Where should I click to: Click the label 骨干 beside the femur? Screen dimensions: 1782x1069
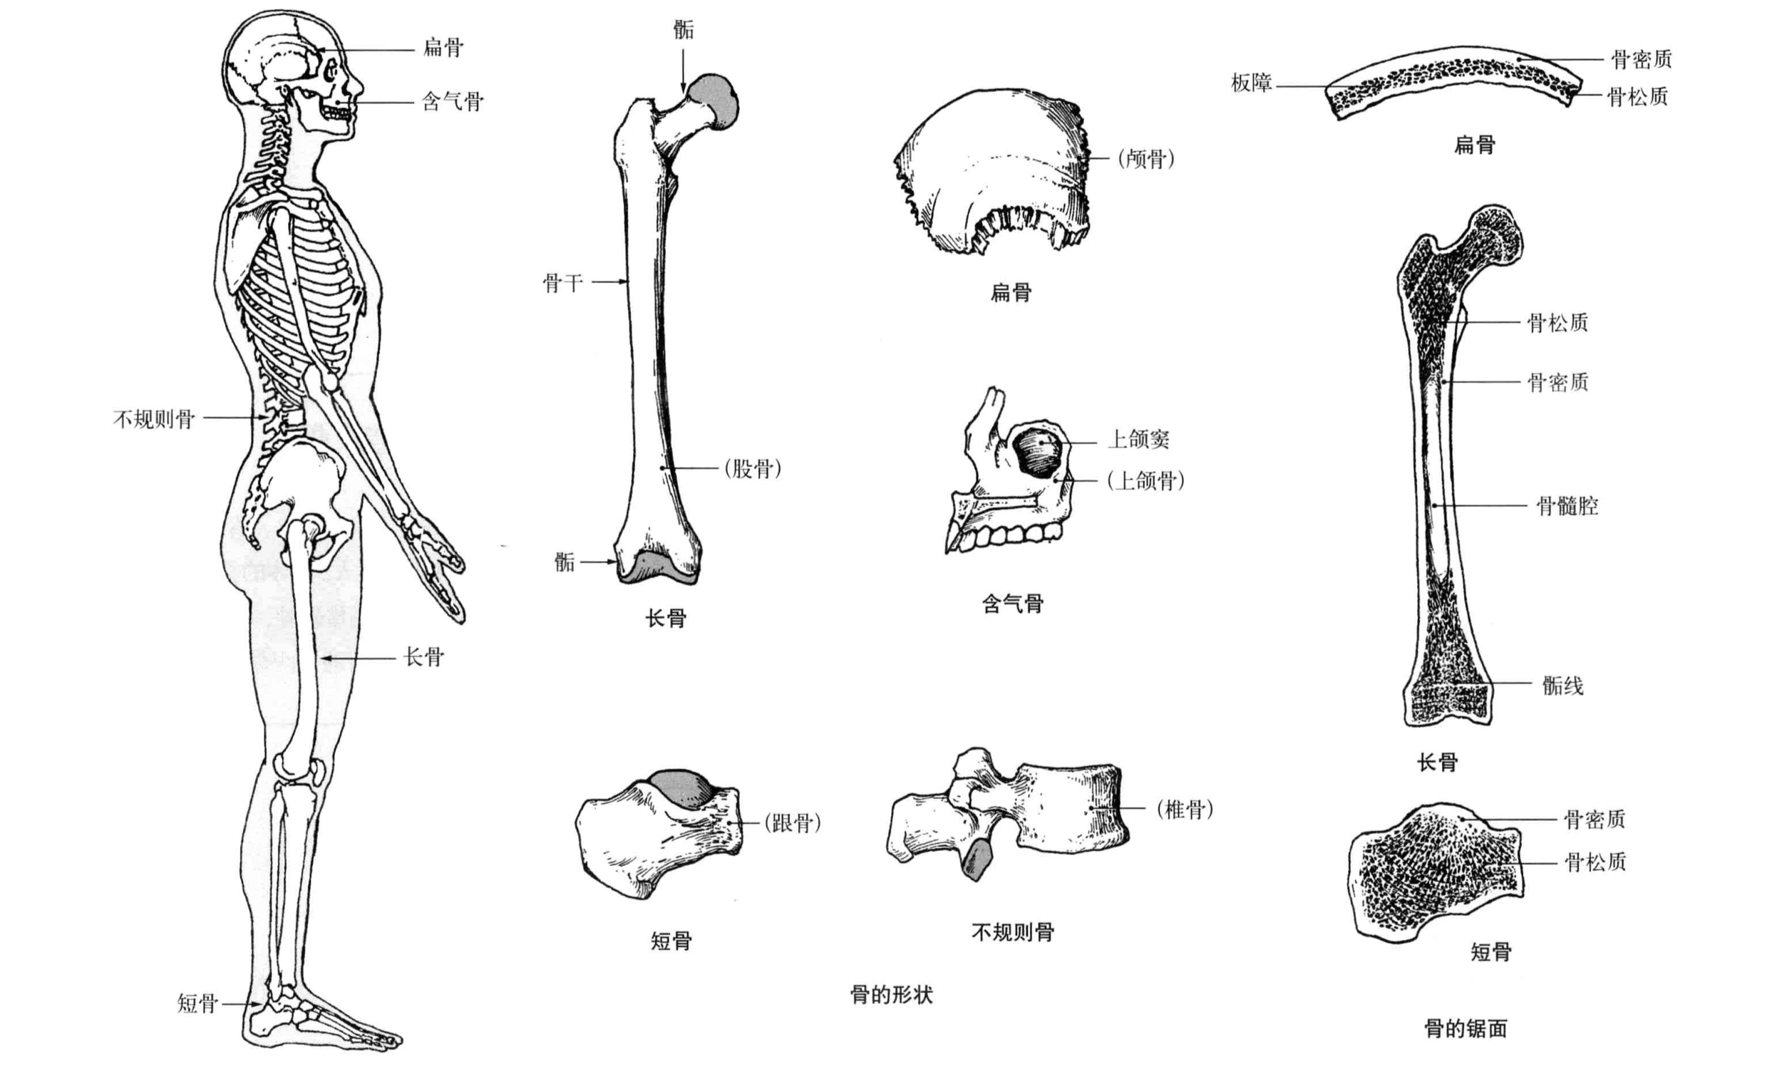click(562, 282)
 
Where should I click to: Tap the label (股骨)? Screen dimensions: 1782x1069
click(753, 469)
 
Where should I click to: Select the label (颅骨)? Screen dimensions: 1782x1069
click(1146, 158)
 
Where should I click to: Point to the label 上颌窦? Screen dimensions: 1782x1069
click(1138, 440)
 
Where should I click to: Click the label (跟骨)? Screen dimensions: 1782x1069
click(793, 822)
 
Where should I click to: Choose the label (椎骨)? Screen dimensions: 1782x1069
click(1185, 809)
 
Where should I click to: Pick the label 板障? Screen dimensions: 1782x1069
click(1251, 83)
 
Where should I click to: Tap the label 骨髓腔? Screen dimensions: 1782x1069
click(1567, 506)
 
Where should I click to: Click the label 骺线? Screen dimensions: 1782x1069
click(1562, 685)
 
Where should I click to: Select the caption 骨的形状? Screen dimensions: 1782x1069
click(892, 995)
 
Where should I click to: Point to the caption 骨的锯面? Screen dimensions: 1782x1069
click(1466, 1028)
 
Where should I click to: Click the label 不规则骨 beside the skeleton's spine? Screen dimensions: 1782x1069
click(153, 418)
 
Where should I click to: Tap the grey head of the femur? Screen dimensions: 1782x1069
click(713, 101)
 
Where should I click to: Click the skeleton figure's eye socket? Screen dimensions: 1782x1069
click(331, 73)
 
